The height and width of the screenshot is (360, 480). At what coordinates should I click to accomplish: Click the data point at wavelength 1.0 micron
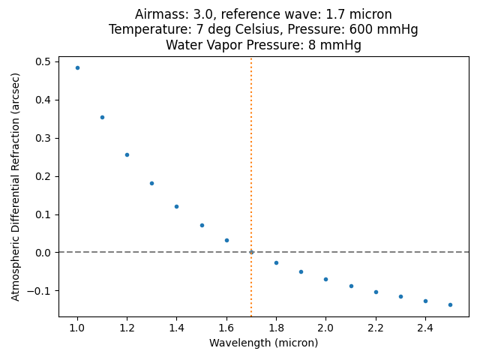coord(77,67)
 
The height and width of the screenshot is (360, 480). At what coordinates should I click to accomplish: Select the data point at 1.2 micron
coord(127,154)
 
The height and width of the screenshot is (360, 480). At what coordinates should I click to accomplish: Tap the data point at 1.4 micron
coord(176,206)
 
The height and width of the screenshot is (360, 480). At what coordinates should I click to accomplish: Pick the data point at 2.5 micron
coord(450,304)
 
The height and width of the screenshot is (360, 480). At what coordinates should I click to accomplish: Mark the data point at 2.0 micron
coord(325,279)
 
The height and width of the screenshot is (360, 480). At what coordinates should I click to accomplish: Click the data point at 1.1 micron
coord(102,117)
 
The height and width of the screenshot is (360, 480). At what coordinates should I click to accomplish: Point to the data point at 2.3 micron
coord(400,296)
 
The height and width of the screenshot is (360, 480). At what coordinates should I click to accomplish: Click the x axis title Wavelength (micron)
coord(263,343)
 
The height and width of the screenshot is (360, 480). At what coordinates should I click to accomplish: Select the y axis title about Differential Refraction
coord(16,182)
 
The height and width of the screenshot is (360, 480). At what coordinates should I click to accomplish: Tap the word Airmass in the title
coord(159,14)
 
